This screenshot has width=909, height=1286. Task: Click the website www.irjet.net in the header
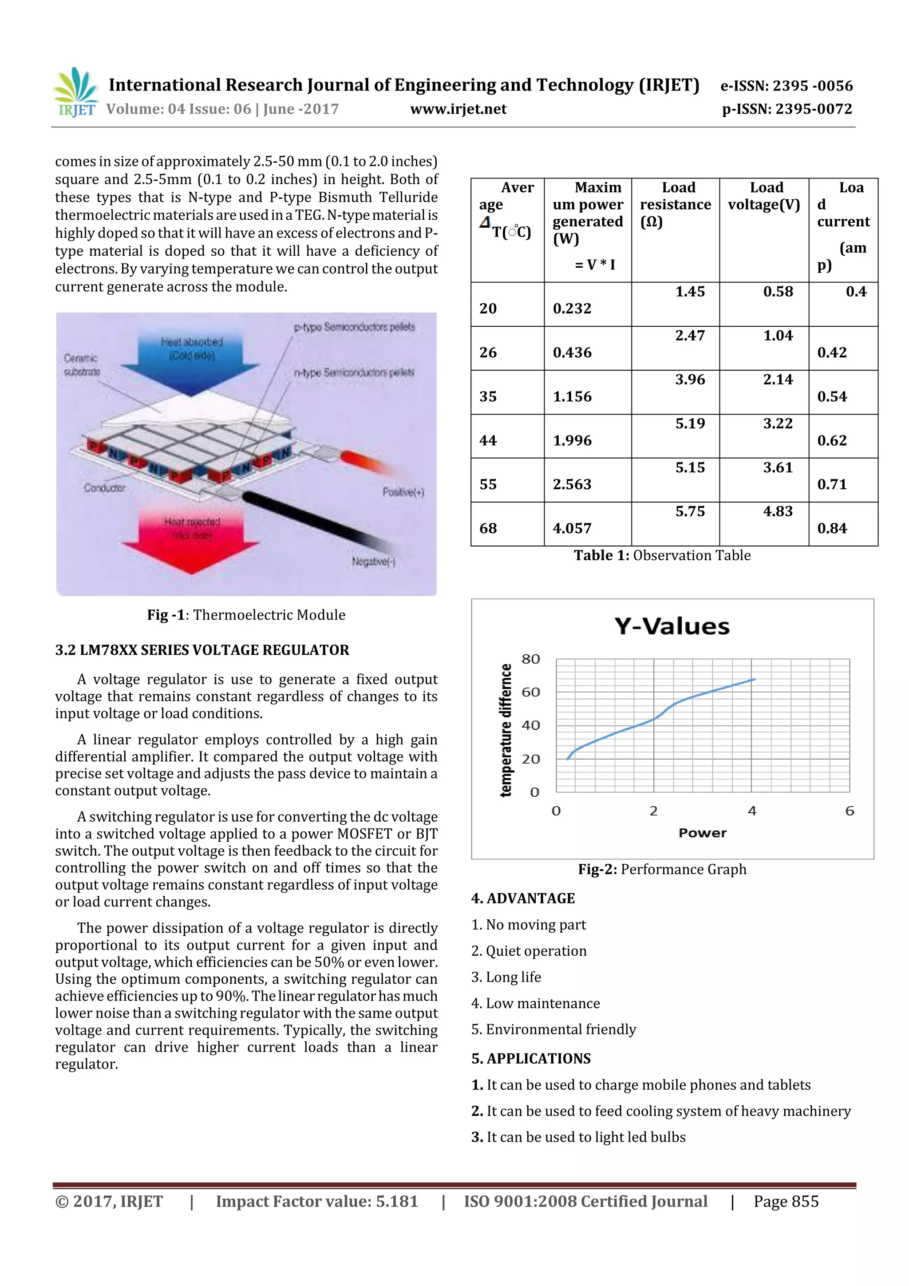(458, 109)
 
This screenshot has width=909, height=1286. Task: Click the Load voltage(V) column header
(764, 196)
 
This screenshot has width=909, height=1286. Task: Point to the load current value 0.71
(832, 484)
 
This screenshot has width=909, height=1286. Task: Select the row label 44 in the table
(488, 441)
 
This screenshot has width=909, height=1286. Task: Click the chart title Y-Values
(672, 626)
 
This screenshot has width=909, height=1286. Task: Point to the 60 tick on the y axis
(530, 692)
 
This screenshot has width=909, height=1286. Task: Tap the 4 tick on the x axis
(751, 811)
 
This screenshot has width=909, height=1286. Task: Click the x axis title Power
(702, 833)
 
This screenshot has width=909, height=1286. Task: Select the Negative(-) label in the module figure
(373, 562)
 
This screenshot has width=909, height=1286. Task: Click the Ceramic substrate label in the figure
(82, 364)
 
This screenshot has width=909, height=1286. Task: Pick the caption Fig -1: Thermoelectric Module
(246, 615)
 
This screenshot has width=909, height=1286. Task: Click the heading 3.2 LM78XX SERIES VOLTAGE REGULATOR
(202, 650)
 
